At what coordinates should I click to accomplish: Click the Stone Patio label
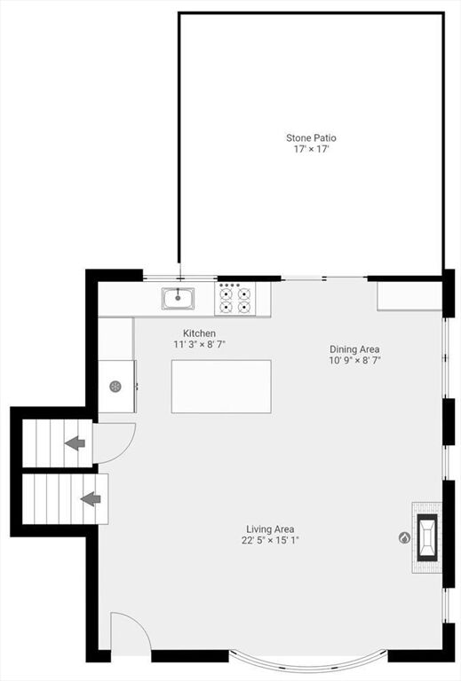point(311,138)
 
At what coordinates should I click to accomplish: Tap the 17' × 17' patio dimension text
point(311,149)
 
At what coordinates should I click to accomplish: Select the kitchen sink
point(178,298)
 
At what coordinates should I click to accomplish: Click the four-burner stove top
point(234,299)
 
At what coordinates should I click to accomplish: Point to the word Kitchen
point(199,333)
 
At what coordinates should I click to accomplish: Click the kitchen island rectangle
point(221,387)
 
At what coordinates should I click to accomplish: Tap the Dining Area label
point(354,349)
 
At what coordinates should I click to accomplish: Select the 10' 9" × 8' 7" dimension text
point(355,361)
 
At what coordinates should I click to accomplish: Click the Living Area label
point(270,529)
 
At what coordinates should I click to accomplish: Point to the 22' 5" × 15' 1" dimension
point(271,541)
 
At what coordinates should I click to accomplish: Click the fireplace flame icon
point(404,538)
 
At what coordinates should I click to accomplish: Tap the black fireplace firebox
point(427,538)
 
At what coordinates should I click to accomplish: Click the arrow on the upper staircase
point(75,443)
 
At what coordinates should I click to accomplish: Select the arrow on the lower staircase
point(91,499)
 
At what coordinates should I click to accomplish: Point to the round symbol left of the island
point(115,387)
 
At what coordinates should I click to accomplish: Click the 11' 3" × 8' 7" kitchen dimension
point(199,345)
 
